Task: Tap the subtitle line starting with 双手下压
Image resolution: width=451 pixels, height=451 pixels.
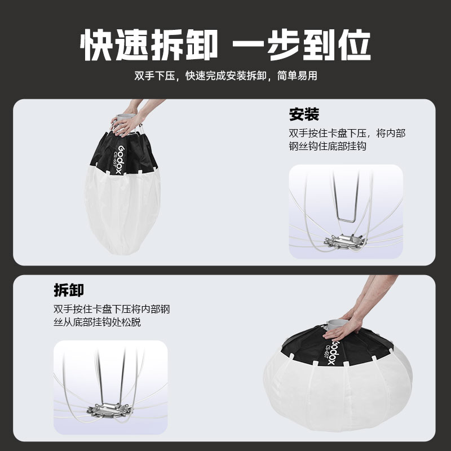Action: coord(225,76)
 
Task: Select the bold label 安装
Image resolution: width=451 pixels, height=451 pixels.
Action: coord(304,114)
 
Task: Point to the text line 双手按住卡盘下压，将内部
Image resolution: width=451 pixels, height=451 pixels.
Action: coord(346,134)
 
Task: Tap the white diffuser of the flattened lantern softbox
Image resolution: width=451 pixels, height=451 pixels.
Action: coord(338,395)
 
